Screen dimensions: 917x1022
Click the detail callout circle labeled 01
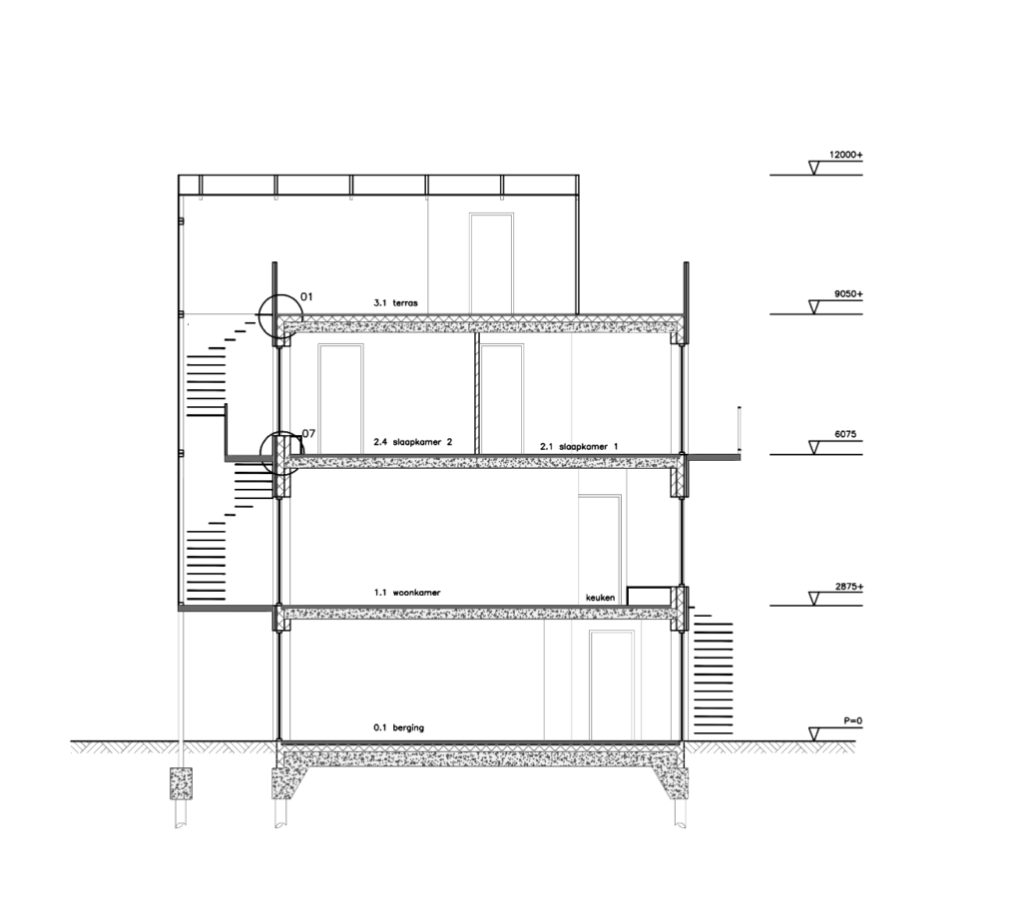[278, 317]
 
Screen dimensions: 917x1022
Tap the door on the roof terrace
[491, 262]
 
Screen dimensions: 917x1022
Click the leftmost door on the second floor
[339, 398]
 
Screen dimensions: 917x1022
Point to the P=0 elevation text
[851, 719]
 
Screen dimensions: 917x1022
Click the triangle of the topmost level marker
[816, 168]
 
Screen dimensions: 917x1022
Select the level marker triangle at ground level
[816, 733]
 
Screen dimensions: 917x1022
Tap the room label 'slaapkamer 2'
[413, 441]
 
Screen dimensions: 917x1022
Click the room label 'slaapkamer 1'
[579, 446]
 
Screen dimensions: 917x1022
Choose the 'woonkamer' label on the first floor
[407, 593]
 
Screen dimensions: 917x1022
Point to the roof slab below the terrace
[479, 324]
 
